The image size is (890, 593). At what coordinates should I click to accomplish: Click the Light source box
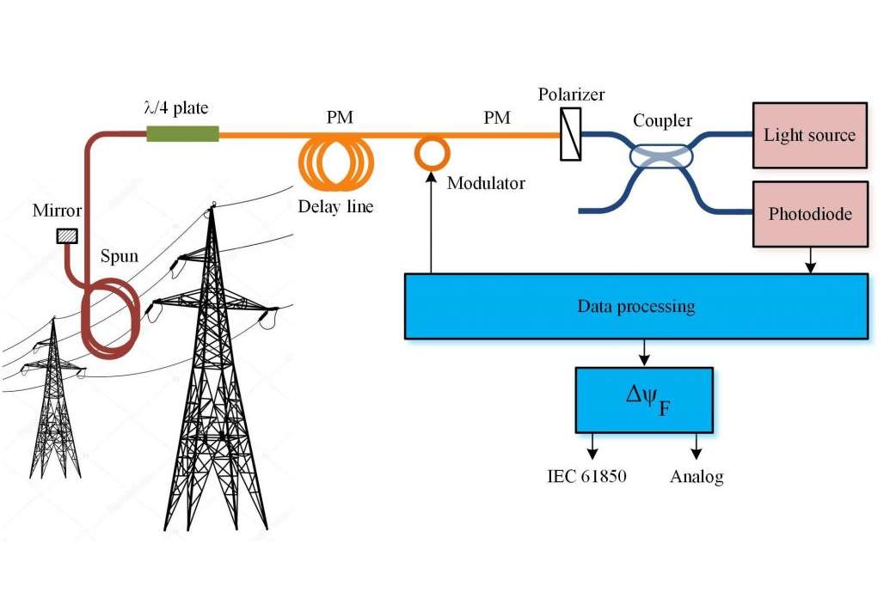coord(809,135)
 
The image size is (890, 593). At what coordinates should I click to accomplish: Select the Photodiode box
coord(809,212)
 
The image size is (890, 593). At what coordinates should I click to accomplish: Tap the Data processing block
coord(636,306)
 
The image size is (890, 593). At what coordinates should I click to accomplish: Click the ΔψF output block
coord(644,400)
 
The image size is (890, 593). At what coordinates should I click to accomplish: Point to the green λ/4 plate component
coord(182,133)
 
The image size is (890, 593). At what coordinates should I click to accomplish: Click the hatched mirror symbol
coord(66,235)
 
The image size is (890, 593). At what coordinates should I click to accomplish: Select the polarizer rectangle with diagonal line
coord(570,134)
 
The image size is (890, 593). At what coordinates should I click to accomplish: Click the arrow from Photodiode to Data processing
coord(809,260)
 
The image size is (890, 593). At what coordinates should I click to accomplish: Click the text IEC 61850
coord(586,476)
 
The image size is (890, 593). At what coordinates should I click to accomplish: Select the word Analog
coord(697,476)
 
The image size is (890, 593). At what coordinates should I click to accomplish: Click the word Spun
coord(120,256)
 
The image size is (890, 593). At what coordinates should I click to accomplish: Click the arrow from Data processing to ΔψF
coord(644,352)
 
